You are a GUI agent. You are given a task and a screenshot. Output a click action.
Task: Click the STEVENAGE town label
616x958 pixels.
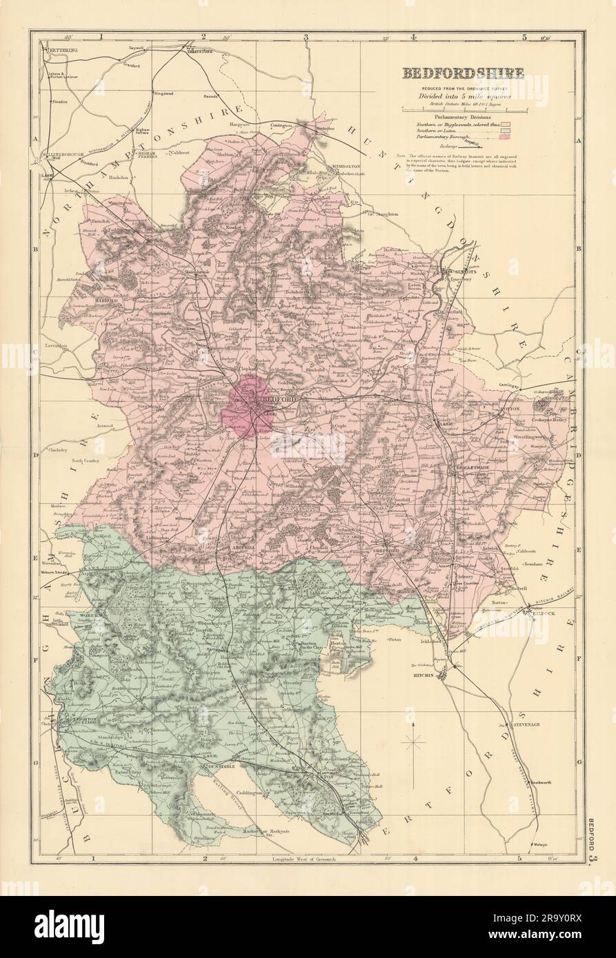click(x=528, y=726)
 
